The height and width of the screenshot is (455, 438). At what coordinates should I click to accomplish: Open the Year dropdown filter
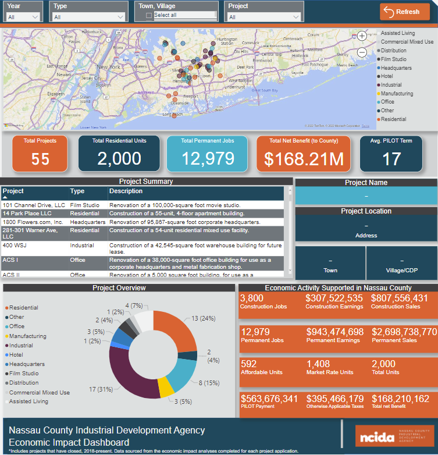point(24,17)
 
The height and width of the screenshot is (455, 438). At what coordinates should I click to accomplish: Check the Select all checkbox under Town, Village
point(149,15)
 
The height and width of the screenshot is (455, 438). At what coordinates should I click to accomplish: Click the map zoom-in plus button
point(362,36)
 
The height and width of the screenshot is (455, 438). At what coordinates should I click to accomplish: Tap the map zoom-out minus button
point(362,52)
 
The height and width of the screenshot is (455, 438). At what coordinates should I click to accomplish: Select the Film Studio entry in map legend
point(393,59)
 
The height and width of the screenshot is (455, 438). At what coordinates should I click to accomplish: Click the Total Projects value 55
point(40,159)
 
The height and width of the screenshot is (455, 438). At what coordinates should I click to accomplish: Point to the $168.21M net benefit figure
point(304,159)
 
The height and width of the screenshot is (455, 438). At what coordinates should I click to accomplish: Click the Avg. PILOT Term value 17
point(391,159)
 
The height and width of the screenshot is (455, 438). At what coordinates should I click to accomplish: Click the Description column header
point(126,191)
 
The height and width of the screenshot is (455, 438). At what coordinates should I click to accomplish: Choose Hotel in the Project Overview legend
point(16,355)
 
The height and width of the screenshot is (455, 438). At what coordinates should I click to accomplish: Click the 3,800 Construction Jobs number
point(252,298)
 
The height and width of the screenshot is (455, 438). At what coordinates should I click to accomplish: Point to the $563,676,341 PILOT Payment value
point(269,399)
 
